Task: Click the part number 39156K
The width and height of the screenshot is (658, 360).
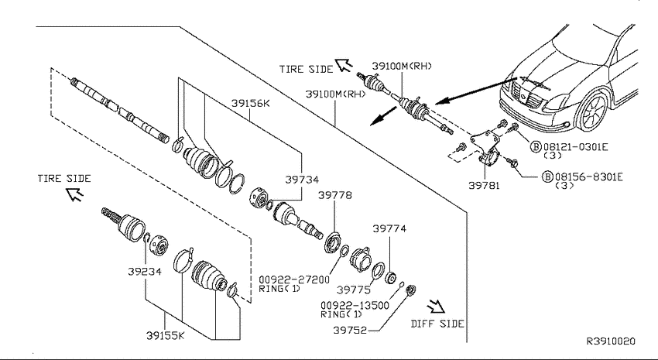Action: pyautogui.click(x=251, y=103)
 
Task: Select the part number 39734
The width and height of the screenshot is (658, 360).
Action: pyautogui.click(x=302, y=180)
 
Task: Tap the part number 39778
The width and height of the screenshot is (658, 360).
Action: pyautogui.click(x=335, y=195)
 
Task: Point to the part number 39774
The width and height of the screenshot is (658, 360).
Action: pyautogui.click(x=389, y=228)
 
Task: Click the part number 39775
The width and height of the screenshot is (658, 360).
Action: pyautogui.click(x=354, y=290)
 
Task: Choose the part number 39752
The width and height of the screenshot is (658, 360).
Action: pyautogui.click(x=350, y=331)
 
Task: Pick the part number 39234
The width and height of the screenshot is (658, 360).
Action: pyautogui.click(x=145, y=272)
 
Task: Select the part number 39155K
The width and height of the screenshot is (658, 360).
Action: pyautogui.click(x=166, y=336)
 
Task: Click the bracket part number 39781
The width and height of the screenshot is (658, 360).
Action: pyautogui.click(x=485, y=185)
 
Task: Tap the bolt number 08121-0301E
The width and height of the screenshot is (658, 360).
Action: pyautogui.click(x=576, y=147)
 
